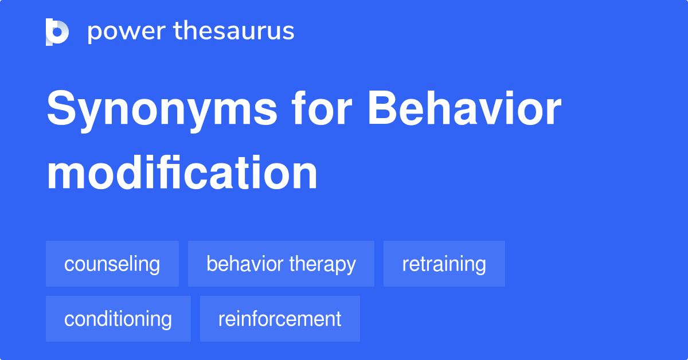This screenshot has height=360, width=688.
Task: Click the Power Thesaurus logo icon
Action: (57, 32)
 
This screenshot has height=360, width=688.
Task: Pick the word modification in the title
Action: (182, 173)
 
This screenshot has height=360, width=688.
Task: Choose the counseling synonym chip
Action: (112, 264)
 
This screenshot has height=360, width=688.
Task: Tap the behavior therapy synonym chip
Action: (281, 264)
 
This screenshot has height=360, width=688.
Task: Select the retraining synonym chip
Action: (444, 264)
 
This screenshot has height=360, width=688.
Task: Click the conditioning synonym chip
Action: (118, 319)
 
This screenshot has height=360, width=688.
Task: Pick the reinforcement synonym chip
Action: (280, 319)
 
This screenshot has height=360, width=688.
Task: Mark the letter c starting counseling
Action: (68, 265)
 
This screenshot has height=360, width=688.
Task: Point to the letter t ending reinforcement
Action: (338, 319)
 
